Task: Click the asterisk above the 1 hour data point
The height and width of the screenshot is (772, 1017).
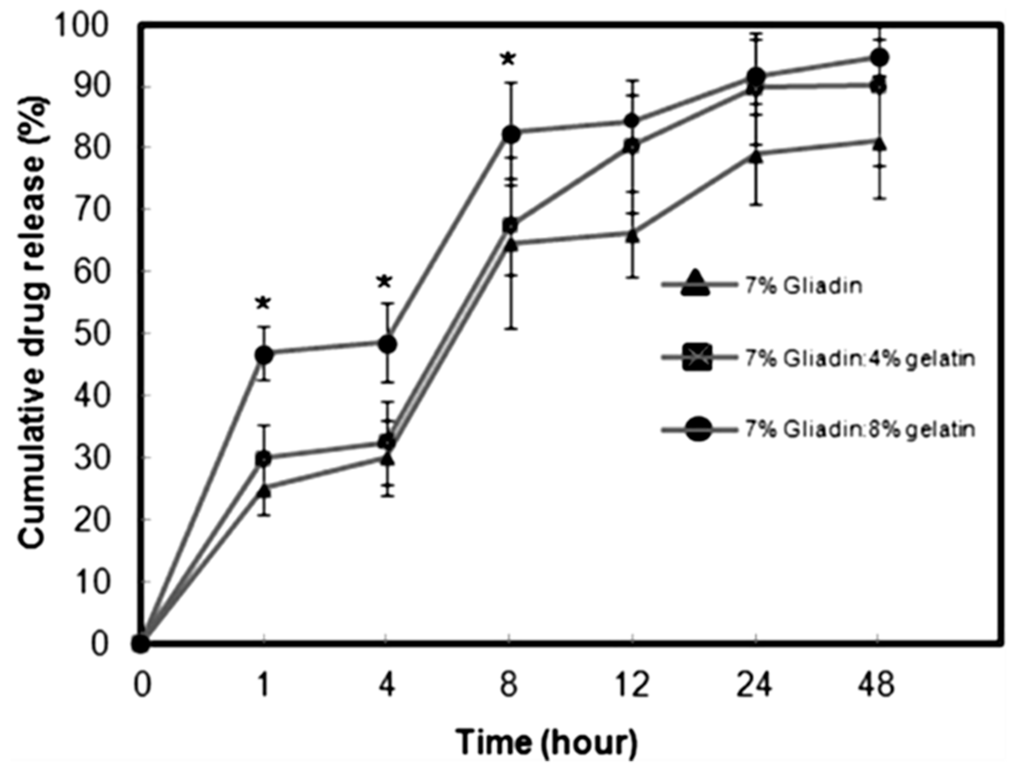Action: [x=263, y=304]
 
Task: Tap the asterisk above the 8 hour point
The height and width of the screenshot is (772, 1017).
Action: [x=508, y=60]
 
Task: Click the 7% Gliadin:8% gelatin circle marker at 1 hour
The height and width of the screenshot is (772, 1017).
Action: [x=264, y=356]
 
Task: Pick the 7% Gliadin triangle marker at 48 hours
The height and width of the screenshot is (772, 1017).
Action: [x=879, y=144]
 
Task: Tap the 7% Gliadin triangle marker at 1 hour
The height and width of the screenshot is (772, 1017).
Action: [x=264, y=491]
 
